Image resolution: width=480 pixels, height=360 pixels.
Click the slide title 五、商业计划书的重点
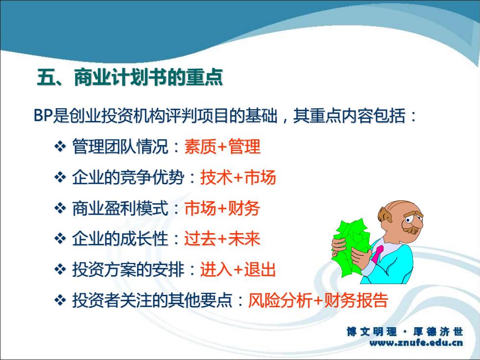click(130, 77)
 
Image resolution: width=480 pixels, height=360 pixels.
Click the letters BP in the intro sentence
click(43, 116)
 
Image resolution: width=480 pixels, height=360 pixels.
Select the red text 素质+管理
click(222, 146)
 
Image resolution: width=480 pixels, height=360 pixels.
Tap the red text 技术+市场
click(238, 177)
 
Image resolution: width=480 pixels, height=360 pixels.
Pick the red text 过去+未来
click(222, 239)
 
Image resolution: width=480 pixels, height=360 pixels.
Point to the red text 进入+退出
click(238, 270)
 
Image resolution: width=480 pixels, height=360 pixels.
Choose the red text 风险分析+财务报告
click(318, 300)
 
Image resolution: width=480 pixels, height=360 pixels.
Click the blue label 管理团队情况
click(120, 146)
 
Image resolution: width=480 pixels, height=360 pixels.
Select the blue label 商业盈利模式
click(120, 208)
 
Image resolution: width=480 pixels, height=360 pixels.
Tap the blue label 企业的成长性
click(120, 239)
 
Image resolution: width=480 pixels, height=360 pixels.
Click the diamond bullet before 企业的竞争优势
click(60, 177)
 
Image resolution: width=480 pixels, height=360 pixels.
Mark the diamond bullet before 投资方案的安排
click(60, 270)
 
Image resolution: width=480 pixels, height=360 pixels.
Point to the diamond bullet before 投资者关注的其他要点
click(60, 301)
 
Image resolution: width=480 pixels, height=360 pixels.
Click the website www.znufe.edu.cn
click(416, 343)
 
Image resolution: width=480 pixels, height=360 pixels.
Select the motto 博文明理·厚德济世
click(405, 332)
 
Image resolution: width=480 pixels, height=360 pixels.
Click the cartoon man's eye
click(408, 220)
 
